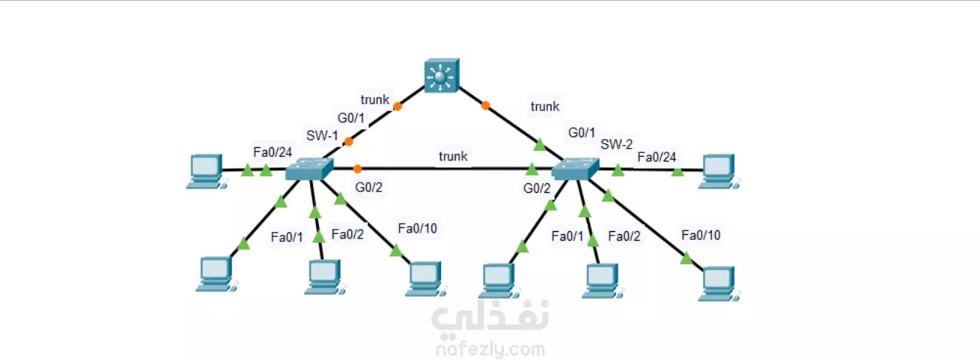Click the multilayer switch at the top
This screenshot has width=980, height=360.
441,77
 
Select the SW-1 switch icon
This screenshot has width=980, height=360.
309,170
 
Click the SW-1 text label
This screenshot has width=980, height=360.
322,135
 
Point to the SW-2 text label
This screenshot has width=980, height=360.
616,144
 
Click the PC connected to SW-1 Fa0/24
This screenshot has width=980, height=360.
204,172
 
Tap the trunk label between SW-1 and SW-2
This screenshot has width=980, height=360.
453,156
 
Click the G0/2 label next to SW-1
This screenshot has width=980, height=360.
369,188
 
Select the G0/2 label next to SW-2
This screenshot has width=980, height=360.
537,188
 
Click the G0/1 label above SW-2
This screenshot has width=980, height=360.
582,133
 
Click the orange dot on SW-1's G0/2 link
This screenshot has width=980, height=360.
357,169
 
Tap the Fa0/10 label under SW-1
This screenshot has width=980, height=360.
417,228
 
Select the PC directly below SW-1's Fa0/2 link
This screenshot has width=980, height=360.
323,277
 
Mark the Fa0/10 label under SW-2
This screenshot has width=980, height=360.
701,235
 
